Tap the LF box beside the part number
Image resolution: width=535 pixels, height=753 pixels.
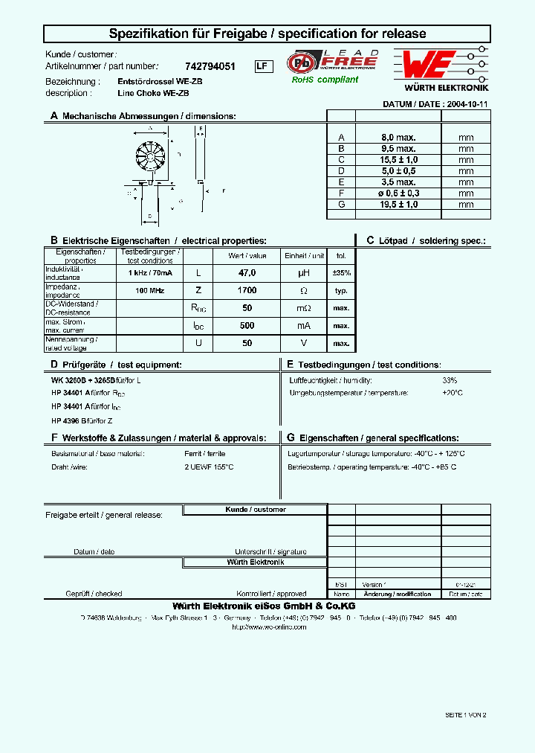coord(261,66)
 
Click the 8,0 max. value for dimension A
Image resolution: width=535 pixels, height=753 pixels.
coord(398,138)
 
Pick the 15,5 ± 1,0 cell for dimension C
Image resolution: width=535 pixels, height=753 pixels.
coord(398,159)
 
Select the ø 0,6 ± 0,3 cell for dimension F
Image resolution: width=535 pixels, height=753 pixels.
coord(398,192)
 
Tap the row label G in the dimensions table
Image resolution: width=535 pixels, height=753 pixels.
coord(341,203)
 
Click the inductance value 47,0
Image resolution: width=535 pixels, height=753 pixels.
coord(247,273)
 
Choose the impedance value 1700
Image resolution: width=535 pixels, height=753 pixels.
coord(247,290)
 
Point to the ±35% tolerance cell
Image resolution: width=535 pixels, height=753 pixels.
coord(341,273)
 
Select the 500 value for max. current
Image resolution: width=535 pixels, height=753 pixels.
coord(247,325)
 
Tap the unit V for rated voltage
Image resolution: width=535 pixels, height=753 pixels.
coord(303,343)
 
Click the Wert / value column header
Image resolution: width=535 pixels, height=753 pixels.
coord(247,255)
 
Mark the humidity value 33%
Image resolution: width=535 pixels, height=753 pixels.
coord(450,380)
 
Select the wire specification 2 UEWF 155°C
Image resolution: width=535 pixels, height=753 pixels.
coord(209,467)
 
